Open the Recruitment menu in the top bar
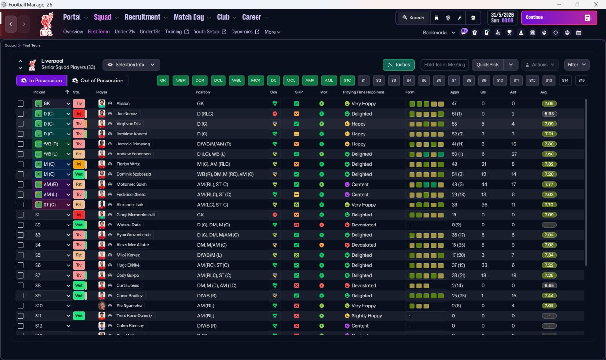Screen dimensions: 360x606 143,18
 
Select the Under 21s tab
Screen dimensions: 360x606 125,32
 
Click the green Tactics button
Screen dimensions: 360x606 398,65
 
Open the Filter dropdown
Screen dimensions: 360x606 576,65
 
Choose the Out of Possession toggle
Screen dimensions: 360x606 98,81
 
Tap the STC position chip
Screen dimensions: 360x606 347,81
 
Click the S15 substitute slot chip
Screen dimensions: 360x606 581,81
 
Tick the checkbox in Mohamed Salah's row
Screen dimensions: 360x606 20,184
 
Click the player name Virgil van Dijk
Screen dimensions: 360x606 131,124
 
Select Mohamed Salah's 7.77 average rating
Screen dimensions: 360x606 549,184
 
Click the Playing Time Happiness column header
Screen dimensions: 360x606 364,92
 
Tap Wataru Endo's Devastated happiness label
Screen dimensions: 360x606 364,225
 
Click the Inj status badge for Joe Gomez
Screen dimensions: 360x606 79,114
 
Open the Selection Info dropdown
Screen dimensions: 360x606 132,65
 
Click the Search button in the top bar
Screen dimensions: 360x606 413,18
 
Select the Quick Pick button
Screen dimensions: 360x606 487,65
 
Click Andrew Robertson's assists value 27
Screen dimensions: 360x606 513,154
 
